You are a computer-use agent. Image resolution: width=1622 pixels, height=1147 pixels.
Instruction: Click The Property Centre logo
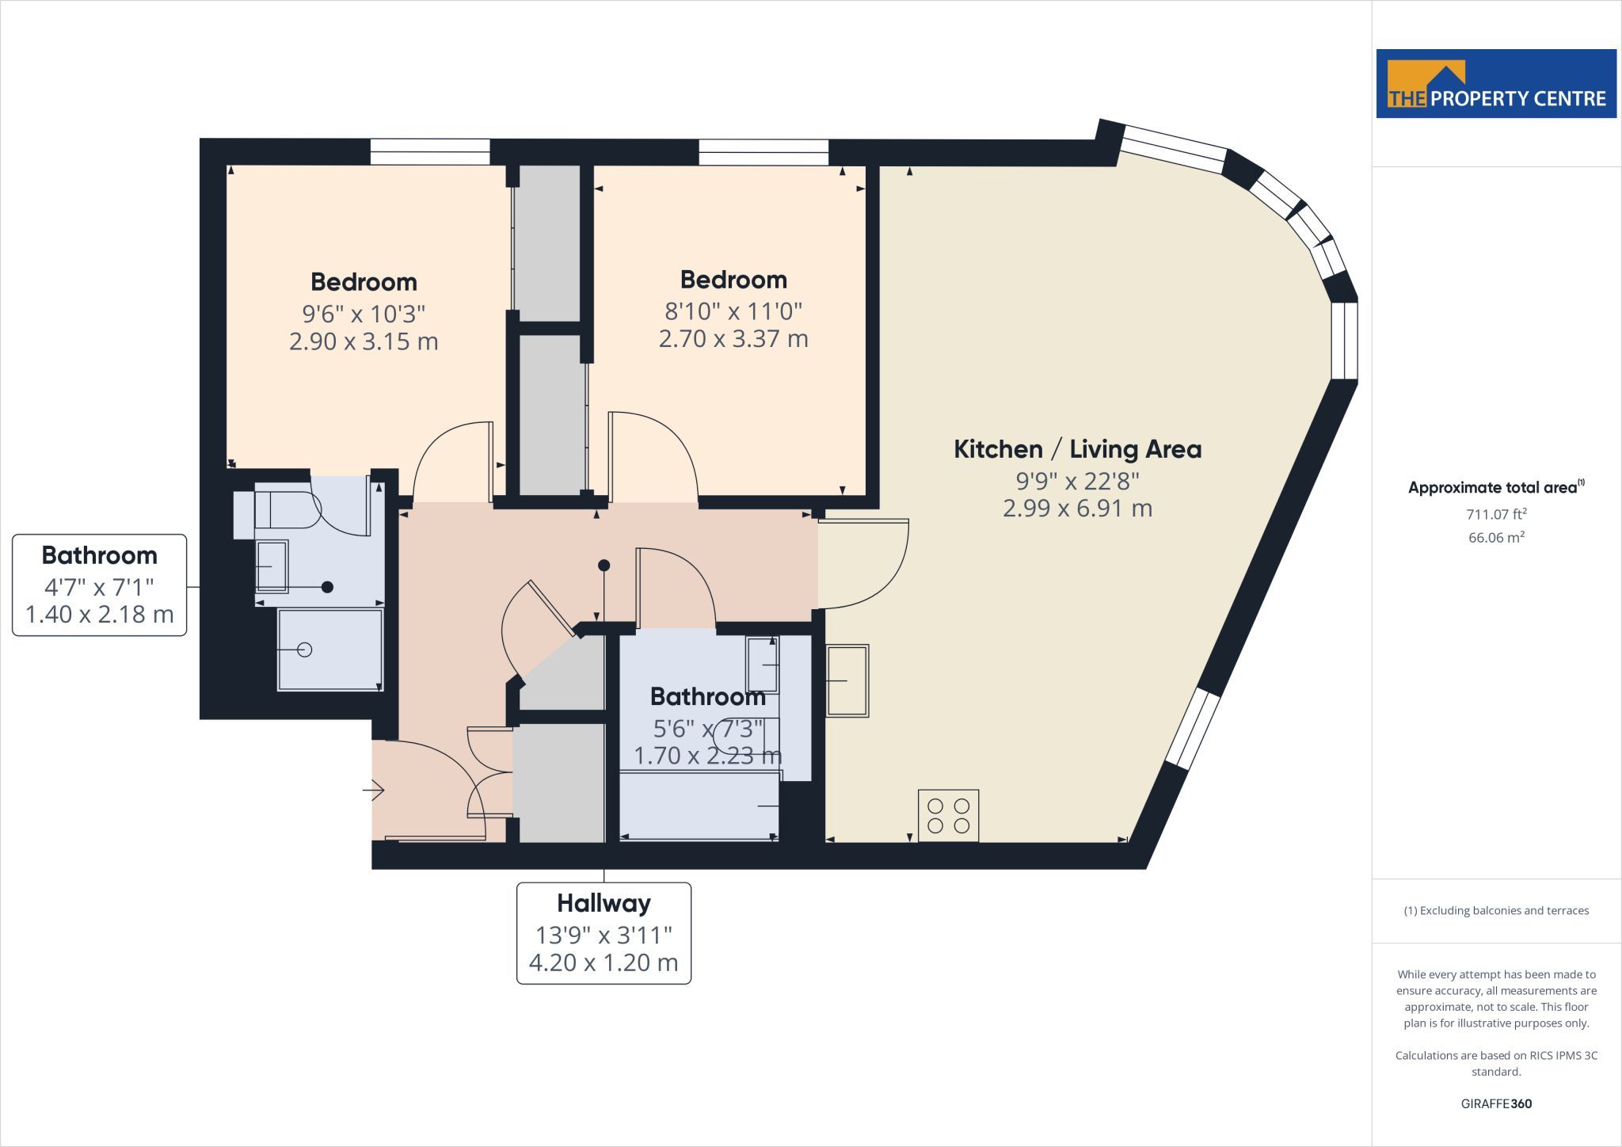click(1496, 83)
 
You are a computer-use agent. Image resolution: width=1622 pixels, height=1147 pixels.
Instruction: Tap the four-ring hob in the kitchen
click(948, 815)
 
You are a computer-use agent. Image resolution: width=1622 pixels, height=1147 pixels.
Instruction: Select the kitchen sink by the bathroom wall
click(847, 680)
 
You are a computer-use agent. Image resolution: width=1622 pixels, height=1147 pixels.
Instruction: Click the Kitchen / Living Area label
click(1077, 449)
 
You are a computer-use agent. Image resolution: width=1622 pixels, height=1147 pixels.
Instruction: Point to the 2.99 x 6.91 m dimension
click(1077, 508)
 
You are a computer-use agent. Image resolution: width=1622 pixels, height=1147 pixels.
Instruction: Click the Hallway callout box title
click(603, 903)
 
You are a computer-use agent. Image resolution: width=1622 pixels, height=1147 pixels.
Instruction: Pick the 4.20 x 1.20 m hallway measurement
click(603, 962)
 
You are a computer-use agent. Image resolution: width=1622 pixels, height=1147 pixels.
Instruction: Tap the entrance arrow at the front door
click(374, 790)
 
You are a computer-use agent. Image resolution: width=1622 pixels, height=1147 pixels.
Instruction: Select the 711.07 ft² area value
click(1496, 514)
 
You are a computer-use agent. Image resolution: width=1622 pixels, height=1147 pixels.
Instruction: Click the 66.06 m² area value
click(1496, 537)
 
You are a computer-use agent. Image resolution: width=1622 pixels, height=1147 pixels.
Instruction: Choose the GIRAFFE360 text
click(1496, 1103)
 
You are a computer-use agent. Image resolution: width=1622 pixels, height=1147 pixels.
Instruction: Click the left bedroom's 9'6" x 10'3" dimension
click(364, 314)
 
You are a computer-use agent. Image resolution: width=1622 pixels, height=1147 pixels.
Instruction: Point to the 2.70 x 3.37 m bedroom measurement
click(733, 339)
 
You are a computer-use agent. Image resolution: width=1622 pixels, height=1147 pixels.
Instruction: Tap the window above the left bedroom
click(430, 151)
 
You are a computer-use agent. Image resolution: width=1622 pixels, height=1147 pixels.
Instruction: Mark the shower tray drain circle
click(305, 650)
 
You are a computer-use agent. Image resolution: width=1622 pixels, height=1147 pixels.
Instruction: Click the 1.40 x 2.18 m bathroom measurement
click(99, 615)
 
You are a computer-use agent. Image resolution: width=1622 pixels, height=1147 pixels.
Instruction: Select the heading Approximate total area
click(1496, 487)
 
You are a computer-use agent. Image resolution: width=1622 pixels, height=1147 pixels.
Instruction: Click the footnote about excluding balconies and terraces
click(1496, 910)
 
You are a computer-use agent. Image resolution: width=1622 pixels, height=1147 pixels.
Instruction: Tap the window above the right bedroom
click(763, 152)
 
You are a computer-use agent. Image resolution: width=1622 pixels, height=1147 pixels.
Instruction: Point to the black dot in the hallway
click(603, 565)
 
